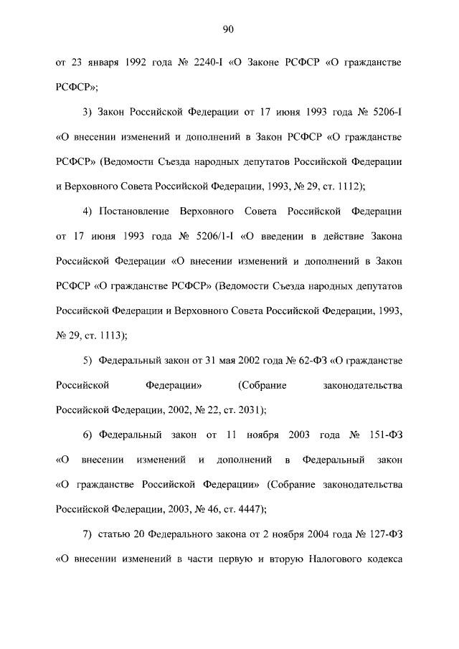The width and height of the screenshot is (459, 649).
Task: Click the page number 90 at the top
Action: click(x=229, y=29)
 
